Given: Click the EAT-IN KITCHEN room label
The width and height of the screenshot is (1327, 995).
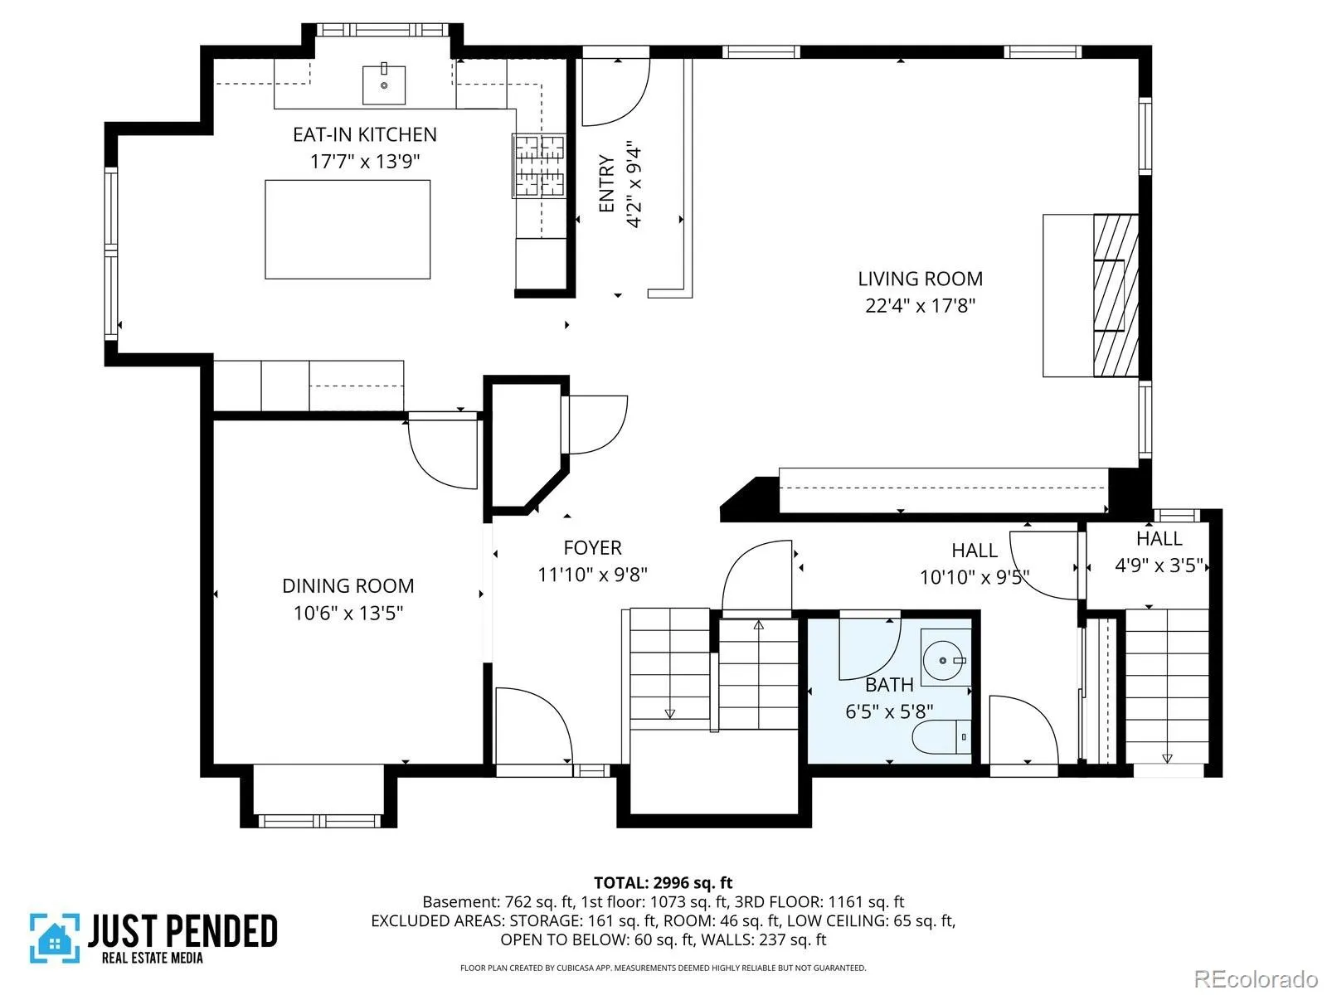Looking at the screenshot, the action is click(365, 134).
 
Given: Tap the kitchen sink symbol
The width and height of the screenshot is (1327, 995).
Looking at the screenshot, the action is click(384, 85).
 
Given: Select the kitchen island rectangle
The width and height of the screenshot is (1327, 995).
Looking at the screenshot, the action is click(348, 230).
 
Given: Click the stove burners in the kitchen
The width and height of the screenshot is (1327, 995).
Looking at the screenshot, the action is click(538, 166).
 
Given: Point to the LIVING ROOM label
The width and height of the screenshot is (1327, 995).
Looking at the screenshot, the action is click(920, 279).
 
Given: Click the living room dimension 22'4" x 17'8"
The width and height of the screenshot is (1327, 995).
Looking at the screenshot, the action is click(920, 306).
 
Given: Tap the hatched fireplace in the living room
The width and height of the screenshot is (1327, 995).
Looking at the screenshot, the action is click(1116, 295).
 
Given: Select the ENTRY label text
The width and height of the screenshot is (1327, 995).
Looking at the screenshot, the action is click(606, 183).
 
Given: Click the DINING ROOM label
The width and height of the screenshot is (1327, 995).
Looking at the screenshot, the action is click(348, 586).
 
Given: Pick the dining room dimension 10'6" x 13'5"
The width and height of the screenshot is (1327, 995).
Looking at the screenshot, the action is click(348, 614).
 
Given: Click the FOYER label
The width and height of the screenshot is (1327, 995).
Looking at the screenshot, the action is click(592, 548).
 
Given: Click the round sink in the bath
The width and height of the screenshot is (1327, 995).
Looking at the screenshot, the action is click(943, 661).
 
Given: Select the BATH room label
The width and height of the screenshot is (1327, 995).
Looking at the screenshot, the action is click(889, 685).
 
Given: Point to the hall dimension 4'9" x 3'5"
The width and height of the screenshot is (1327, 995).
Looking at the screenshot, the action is click(1159, 565).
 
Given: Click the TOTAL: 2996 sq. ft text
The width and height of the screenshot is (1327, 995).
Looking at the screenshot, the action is click(663, 882).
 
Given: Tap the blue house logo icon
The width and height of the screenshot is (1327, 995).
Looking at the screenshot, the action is click(55, 939).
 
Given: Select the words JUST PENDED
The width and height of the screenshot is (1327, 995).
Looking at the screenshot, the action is click(182, 930).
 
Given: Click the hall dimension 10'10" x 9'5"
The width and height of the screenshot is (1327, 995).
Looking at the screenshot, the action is click(975, 578).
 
